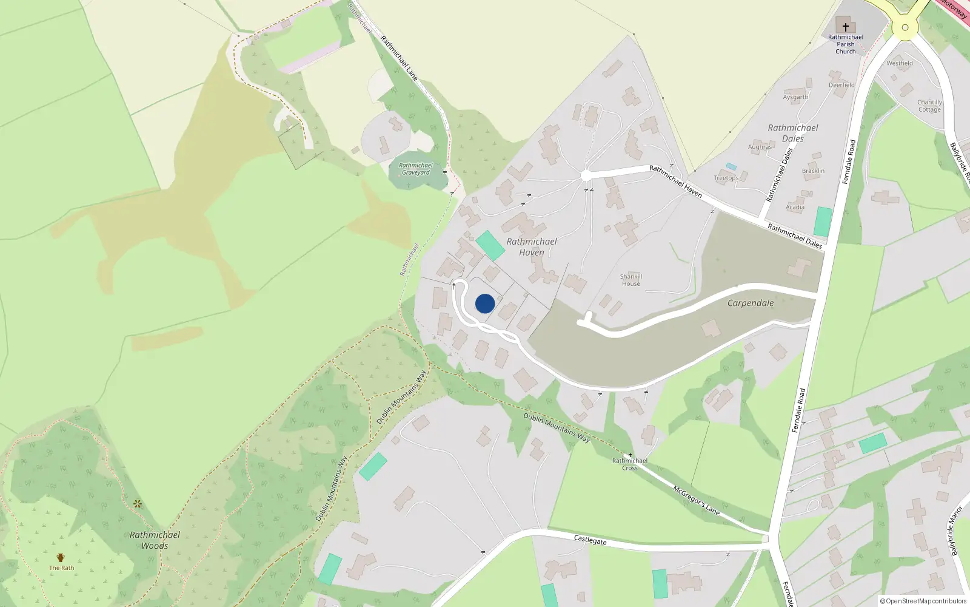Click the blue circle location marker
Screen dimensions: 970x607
click(x=485, y=303)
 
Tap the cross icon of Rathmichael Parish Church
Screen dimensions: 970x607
click(x=846, y=27)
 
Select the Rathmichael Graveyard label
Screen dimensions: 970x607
click(x=416, y=169)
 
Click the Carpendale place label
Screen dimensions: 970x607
click(x=751, y=303)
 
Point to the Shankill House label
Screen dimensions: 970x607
click(x=631, y=280)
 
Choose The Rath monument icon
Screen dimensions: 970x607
click(x=61, y=558)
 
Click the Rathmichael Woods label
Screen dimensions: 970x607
click(x=155, y=540)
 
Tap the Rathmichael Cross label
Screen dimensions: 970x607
click(x=630, y=464)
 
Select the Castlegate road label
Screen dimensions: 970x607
click(x=590, y=540)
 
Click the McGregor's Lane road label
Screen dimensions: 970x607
click(x=697, y=500)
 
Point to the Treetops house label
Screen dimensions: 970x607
click(x=726, y=178)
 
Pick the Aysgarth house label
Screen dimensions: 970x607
click(x=795, y=97)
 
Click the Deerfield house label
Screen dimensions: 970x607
click(x=841, y=85)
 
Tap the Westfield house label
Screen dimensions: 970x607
click(x=900, y=63)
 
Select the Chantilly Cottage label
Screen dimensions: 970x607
click(x=929, y=106)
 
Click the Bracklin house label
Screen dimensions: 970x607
click(x=813, y=171)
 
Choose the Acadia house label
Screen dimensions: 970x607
click(x=795, y=208)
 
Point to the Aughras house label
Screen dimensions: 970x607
click(x=760, y=147)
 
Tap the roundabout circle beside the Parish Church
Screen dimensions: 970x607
click(x=905, y=27)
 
